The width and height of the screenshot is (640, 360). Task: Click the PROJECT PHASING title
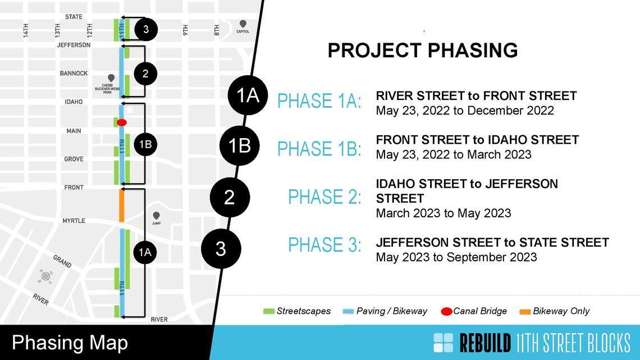[422, 51]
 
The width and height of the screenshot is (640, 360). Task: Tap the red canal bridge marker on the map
[121, 122]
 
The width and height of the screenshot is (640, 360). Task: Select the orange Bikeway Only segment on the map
[121, 206]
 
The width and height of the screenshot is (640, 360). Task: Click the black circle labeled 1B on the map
[145, 144]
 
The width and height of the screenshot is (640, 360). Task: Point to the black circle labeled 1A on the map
[145, 253]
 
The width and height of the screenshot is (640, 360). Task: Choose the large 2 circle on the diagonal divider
[229, 198]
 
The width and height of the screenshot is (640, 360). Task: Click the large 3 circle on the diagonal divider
[220, 248]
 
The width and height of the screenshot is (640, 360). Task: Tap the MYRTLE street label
[74, 221]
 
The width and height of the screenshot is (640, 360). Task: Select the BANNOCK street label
[74, 74]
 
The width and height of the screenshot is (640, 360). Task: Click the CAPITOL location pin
[243, 24]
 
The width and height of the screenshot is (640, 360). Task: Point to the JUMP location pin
[156, 216]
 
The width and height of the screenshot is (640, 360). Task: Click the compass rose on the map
[45, 276]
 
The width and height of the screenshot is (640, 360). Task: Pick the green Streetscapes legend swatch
[268, 311]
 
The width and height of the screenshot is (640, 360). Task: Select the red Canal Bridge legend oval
[447, 311]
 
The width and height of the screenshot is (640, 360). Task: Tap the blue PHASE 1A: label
[319, 101]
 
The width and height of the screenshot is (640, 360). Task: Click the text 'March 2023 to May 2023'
[444, 213]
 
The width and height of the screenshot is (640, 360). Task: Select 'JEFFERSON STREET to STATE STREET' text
[492, 243]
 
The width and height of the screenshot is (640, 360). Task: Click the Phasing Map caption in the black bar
[70, 343]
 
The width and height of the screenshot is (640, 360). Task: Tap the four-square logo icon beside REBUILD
[443, 343]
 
